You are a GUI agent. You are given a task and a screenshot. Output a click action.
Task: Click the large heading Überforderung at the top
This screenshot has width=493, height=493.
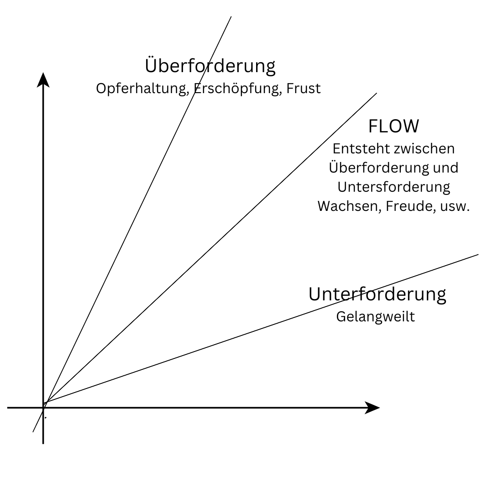pos(210,66)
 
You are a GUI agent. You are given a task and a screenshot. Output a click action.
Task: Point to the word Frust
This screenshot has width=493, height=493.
pos(304,88)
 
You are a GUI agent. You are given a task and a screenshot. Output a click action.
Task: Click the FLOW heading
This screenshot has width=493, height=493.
pos(393,126)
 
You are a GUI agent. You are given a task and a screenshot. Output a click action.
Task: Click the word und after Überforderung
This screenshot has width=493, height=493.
pos(446,168)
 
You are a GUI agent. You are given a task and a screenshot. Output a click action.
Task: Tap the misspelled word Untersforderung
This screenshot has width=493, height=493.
pos(393,187)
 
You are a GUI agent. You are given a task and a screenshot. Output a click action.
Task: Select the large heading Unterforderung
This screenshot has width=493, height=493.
pos(377,294)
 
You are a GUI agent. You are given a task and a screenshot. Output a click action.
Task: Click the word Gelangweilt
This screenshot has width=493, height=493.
pos(375,316)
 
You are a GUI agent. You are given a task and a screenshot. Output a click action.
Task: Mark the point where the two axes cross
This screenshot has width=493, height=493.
pos(43,408)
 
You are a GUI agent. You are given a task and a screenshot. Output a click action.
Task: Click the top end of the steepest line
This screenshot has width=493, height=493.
pos(231,17)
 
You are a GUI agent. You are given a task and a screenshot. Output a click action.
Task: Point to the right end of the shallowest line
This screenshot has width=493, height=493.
pos(477,254)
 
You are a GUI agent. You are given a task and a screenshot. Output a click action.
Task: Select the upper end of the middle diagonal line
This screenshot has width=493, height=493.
pos(376,94)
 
